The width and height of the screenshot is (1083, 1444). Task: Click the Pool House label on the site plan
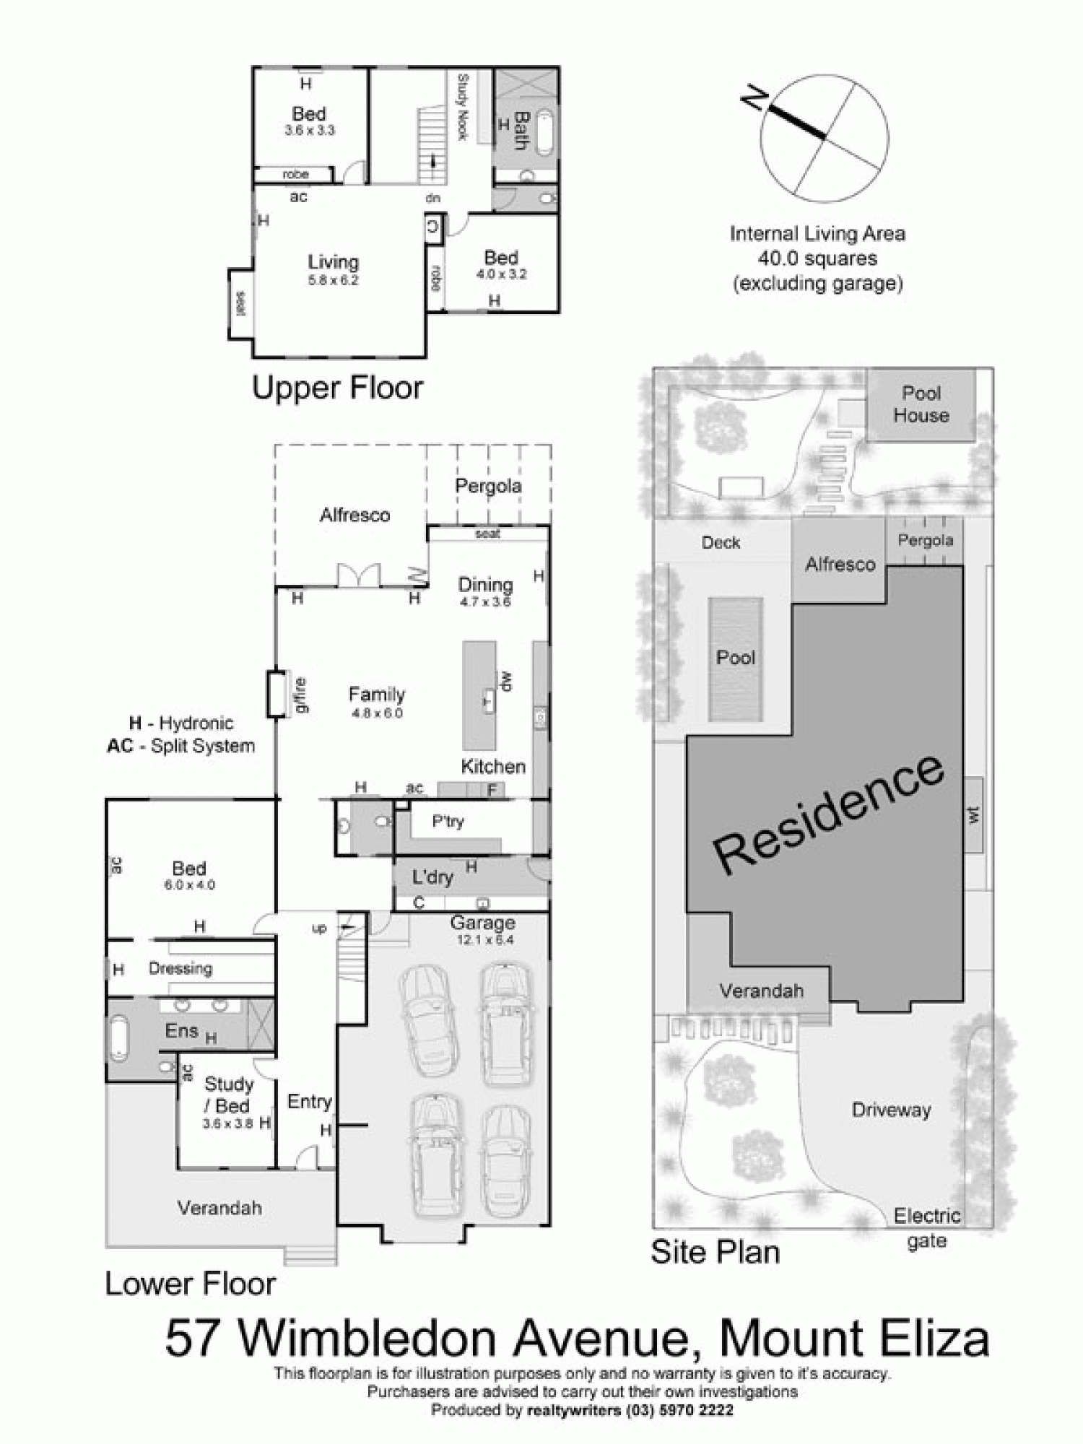pyautogui.click(x=921, y=404)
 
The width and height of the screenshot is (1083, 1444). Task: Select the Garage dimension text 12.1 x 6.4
pyautogui.click(x=484, y=940)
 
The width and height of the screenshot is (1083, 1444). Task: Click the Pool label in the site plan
pyautogui.click(x=736, y=658)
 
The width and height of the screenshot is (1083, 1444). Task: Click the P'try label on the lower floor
pyautogui.click(x=448, y=822)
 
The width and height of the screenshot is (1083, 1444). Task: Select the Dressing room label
pyautogui.click(x=180, y=968)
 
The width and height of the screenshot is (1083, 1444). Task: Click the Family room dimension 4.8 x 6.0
pyautogui.click(x=377, y=713)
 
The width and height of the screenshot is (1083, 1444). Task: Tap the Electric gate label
pyautogui.click(x=927, y=1228)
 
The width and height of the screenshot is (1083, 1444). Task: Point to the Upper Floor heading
pyautogui.click(x=337, y=388)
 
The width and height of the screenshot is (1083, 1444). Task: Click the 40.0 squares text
pyautogui.click(x=817, y=258)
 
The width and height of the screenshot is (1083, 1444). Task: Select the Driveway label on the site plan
pyautogui.click(x=891, y=1110)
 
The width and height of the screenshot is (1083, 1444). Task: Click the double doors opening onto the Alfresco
pyautogui.click(x=358, y=575)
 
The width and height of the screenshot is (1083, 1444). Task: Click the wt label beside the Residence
pyautogui.click(x=973, y=815)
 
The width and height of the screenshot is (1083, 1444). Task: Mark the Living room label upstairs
pyautogui.click(x=333, y=262)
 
